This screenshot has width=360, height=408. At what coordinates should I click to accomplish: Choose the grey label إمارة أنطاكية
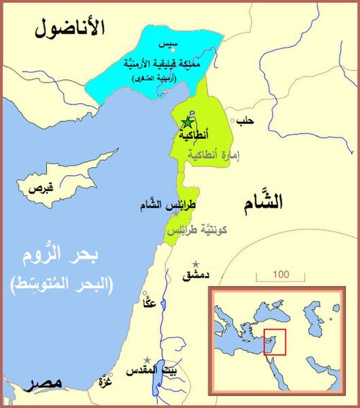(x=213, y=155)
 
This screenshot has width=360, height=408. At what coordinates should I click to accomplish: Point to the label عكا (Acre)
(x=150, y=303)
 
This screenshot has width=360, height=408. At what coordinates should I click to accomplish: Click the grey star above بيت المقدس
(x=148, y=360)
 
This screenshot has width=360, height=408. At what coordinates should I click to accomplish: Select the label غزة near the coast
(x=105, y=382)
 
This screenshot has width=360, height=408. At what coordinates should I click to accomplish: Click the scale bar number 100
(x=281, y=275)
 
